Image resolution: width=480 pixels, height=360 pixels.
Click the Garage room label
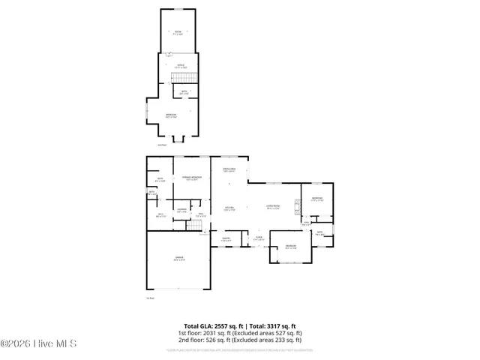point(179,260)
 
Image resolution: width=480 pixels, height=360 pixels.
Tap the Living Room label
point(274,208)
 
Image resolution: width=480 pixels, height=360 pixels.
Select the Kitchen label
point(229,208)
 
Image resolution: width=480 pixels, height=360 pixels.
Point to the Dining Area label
point(229,171)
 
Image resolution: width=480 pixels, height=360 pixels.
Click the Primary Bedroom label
point(191,178)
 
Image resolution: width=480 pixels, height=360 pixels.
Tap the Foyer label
point(257,238)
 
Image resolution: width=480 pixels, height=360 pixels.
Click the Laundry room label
point(181,211)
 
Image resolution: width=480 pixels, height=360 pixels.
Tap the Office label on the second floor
point(181,67)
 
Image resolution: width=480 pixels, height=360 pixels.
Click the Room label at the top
point(178,32)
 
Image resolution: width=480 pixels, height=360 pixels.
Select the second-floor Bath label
point(184,93)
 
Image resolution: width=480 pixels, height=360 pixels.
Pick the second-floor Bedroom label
point(172,115)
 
